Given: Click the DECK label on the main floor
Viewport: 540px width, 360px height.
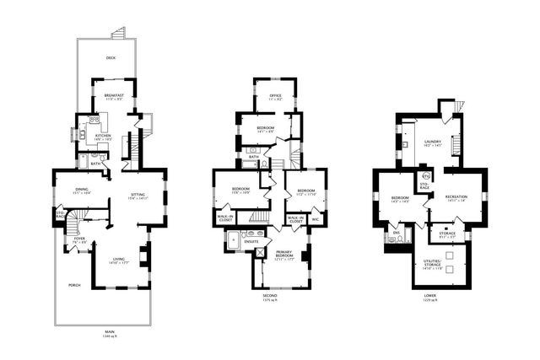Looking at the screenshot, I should point(111,58).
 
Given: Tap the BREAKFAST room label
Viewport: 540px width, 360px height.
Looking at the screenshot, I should point(114,95).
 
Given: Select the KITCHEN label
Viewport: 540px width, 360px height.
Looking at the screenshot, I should point(102,136).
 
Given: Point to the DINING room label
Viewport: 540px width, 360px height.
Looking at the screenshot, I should point(82,189).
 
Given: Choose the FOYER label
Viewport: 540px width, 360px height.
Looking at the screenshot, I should point(80,239).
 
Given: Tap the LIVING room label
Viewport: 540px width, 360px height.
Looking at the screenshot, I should point(117,260).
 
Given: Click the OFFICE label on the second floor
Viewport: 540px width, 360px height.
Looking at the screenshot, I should point(275,95).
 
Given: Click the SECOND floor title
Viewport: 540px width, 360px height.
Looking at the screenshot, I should point(269,296).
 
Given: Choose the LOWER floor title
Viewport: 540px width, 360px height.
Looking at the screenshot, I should point(430,296).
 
